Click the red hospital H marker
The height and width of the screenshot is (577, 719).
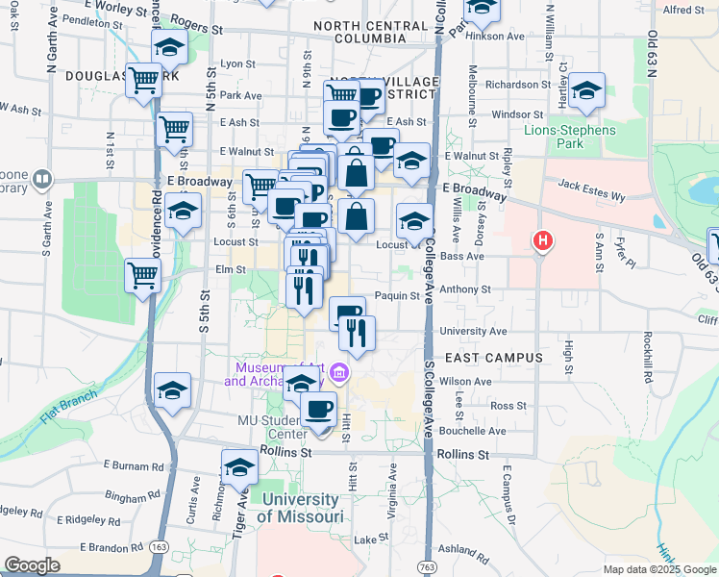pos(543,241)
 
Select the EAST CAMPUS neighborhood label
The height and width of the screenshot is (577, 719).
pos(482,357)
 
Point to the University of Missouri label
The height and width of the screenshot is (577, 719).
pos(302,508)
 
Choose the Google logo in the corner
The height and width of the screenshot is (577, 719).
pos(32,564)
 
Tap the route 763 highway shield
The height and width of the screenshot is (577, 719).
pos(424,567)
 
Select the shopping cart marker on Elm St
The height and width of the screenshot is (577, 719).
pos(142,277)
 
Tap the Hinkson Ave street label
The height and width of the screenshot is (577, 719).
pos(501,36)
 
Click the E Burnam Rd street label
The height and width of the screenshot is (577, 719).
pos(136,466)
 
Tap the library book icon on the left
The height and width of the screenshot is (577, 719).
pos(41,179)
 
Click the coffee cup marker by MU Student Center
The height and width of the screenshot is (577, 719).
pos(319,409)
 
